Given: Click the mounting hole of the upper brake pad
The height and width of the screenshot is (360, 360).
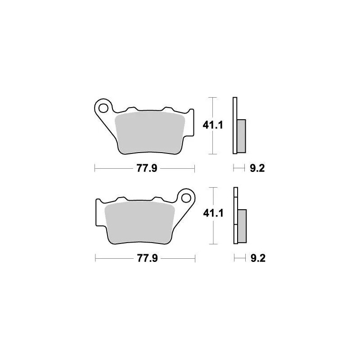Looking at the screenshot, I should coord(104,108).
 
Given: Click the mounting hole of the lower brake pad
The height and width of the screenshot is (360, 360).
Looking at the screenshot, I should coord(185,197).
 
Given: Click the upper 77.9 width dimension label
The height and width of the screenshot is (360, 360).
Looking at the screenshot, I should coord(144,169).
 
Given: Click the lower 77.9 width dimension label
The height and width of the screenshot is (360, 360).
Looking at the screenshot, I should coord(144,259).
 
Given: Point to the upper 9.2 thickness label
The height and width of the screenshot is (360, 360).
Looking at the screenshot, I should coord(256,169).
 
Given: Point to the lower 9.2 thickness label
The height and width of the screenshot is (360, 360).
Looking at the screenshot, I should coord(256,259).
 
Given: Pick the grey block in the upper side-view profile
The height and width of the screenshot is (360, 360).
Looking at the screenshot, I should coord(242,135).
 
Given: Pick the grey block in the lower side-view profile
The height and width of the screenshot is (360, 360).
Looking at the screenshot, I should coord(242,225).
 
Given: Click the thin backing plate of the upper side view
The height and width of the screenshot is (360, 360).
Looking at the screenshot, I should coord(234,126).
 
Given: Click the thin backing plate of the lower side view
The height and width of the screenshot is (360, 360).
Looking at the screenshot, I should coord(234,216).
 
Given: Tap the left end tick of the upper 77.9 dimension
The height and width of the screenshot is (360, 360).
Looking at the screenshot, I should coord(95,169).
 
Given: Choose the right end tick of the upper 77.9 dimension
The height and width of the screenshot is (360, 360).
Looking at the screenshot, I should coord(194,169).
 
